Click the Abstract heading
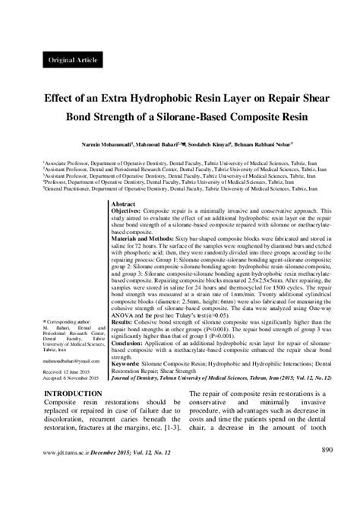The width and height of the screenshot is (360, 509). tap(123, 205)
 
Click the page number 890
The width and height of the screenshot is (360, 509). tap(327, 472)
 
